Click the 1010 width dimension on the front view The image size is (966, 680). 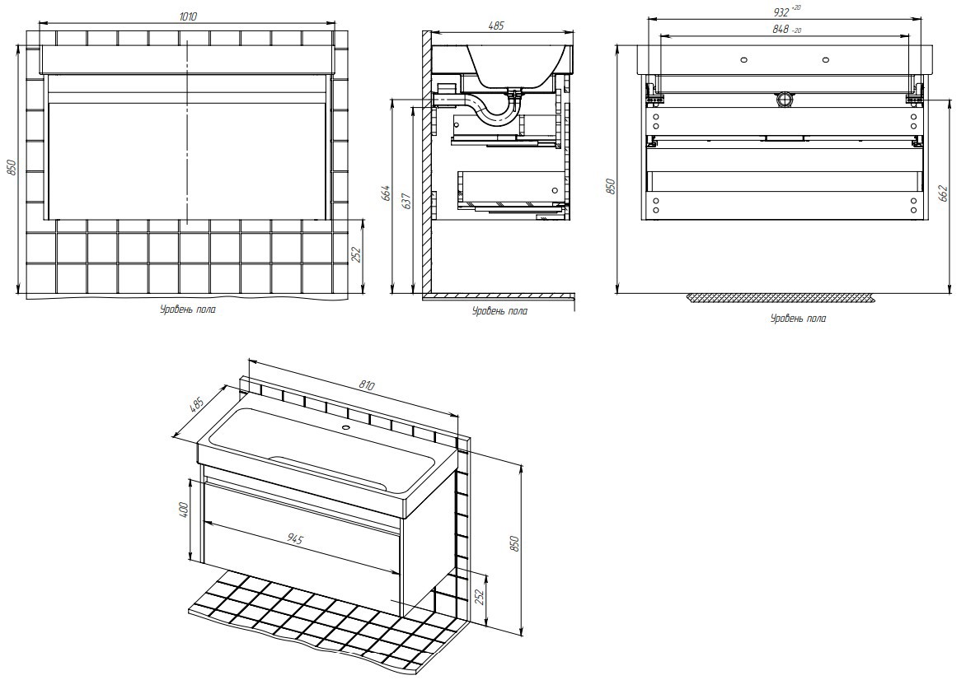188,16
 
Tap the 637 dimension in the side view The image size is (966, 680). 406,201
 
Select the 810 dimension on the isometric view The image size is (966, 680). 366,386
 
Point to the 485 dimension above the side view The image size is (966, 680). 495,26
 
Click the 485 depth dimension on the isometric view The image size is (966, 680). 196,405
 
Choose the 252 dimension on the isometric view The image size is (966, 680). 479,598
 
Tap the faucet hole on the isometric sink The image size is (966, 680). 345,427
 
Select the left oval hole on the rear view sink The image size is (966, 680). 743,60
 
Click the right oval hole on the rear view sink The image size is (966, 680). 824,60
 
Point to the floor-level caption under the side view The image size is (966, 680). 499,310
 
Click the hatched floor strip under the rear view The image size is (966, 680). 781,298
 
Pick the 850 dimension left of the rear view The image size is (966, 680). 610,186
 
